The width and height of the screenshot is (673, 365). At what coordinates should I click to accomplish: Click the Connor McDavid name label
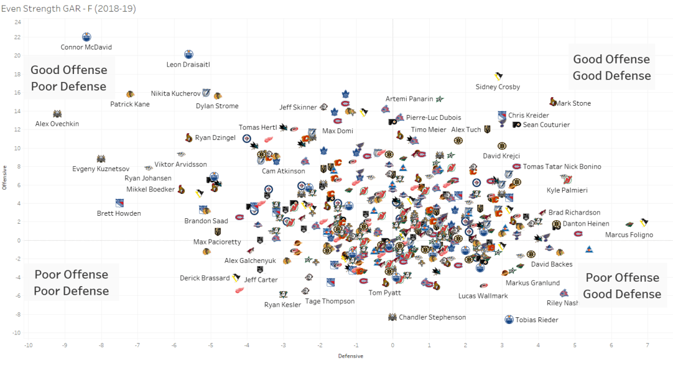86,47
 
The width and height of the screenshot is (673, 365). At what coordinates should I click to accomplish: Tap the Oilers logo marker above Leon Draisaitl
189,54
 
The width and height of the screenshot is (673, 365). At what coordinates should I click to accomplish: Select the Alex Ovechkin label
57,124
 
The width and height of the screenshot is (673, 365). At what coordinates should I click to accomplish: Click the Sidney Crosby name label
497,87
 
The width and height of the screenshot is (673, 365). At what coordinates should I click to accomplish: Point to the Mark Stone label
573,103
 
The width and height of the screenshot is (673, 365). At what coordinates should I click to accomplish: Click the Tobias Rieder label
536,320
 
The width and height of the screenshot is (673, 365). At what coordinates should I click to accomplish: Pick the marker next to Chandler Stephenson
393,317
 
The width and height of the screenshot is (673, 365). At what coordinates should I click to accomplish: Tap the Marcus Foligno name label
629,235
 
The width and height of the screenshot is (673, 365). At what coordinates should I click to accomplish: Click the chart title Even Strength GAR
69,9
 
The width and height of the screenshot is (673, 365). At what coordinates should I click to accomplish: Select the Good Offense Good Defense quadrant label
611,67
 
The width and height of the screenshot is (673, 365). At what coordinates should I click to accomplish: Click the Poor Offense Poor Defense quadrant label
71,282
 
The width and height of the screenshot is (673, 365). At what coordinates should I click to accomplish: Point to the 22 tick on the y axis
18,37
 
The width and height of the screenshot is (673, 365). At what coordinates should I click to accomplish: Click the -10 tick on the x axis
28,345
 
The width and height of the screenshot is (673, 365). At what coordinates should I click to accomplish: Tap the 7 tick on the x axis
647,345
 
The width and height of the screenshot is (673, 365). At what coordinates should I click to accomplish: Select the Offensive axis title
5,177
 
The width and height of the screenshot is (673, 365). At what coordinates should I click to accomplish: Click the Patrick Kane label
130,104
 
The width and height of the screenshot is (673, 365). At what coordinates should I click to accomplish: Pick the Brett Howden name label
119,213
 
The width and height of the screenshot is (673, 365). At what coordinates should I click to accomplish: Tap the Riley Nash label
562,303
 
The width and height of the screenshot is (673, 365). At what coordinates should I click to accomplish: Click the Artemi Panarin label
409,99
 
